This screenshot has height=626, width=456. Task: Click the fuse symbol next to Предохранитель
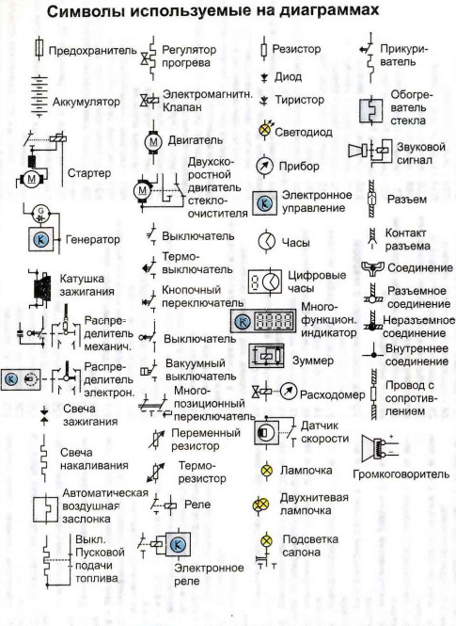(x=39, y=49)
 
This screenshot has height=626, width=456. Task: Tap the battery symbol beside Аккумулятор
(x=39, y=97)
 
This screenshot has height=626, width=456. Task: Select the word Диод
(x=288, y=76)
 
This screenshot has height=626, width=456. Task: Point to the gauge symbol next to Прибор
(x=264, y=166)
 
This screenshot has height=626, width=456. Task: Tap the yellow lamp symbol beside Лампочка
(x=266, y=471)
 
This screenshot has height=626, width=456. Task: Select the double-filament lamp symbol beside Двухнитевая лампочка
(x=260, y=505)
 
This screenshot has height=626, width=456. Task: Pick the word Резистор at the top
(x=296, y=49)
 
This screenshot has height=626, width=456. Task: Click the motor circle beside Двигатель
(x=153, y=141)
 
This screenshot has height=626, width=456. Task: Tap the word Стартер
(x=89, y=173)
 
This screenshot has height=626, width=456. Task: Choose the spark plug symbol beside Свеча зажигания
(x=44, y=415)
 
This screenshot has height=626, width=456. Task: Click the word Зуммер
(x=313, y=361)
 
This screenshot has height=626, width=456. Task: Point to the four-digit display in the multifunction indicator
(x=275, y=321)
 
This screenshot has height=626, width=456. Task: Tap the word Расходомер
(x=333, y=394)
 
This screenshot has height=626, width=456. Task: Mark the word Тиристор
(x=299, y=100)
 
